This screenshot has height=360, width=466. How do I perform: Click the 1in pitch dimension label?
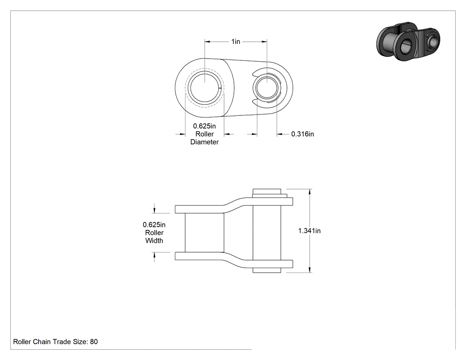pos(236,42)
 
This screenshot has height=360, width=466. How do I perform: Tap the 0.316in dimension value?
pos(302,134)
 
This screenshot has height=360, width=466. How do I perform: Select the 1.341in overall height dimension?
pos(309,231)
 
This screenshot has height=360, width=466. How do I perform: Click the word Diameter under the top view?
pos(205,142)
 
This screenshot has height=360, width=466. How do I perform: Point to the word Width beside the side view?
pos(154,241)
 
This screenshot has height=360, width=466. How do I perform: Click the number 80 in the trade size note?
pos(94,341)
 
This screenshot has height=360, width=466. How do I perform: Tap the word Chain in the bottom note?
pos(42,341)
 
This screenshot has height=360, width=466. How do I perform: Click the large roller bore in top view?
pos(205,87)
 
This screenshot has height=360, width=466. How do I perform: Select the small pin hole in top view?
pos(267,87)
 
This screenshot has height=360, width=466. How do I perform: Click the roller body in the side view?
pos(205,233)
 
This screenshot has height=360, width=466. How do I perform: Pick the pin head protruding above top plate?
pos(267,191)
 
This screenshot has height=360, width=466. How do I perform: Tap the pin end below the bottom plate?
pos(267,270)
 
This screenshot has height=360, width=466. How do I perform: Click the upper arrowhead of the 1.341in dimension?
pos(310,192)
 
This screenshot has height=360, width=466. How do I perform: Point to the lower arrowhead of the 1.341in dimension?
pos(310,269)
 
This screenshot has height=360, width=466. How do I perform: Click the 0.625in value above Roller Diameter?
pos(205,126)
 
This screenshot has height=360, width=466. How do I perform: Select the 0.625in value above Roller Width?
pos(154,225)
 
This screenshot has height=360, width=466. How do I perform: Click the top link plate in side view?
pos(234,205)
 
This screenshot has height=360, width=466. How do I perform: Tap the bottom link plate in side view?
pos(234,260)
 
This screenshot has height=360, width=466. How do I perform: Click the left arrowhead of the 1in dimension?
pos(207,42)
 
